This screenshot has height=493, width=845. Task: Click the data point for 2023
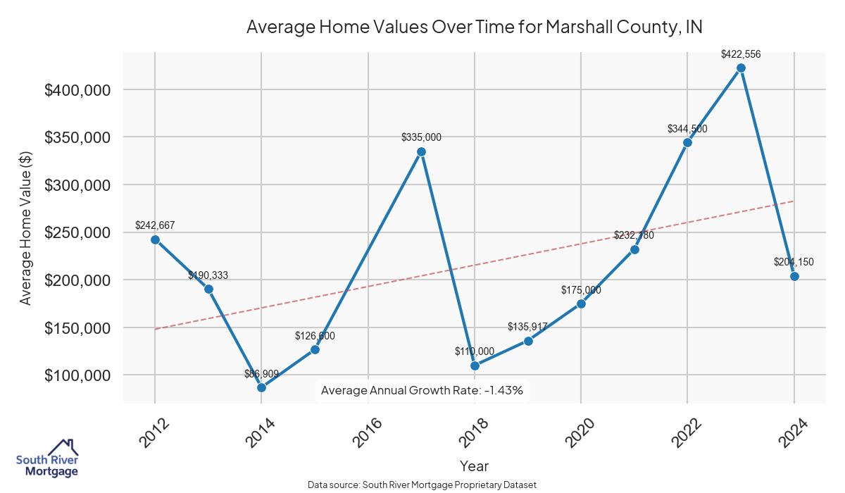tap(741, 68)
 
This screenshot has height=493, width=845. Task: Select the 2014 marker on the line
tap(261, 387)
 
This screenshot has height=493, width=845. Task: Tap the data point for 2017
tap(421, 151)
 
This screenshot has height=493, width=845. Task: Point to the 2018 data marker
tap(475, 366)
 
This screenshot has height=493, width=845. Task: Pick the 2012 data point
tap(155, 239)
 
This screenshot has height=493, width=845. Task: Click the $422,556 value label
tap(741, 54)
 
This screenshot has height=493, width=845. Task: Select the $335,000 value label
tap(421, 137)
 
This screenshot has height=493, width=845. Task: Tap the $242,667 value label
tap(155, 225)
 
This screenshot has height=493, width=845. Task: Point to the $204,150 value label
tap(794, 262)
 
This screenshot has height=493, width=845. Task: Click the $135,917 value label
tap(527, 327)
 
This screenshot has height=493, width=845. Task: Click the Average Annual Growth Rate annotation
tap(422, 390)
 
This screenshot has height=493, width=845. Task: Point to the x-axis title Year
tap(474, 466)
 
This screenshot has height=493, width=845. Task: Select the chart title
tap(475, 27)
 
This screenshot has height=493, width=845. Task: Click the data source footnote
tap(423, 485)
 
